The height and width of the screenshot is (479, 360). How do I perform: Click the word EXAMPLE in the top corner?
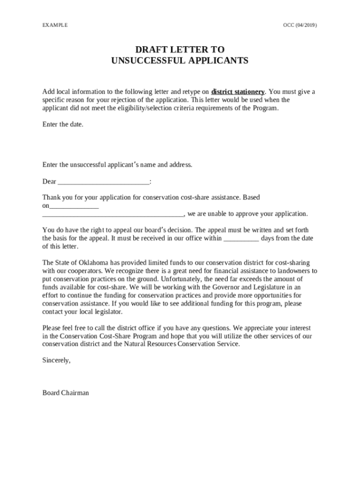pos(55,26)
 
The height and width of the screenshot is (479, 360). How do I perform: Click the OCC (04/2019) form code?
pos(300,26)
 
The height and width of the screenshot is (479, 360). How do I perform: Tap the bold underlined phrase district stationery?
pos(238,92)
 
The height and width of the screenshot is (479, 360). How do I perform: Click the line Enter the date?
pos(63,124)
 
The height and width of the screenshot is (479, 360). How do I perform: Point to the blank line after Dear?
pos(103,182)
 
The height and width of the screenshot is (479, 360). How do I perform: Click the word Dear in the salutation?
pos(49,182)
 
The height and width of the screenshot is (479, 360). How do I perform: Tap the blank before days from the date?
pos(241,238)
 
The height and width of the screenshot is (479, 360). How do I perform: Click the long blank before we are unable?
pos(113,214)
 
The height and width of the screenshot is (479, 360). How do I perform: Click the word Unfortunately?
pos(184,279)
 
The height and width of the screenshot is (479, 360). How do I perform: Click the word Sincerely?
pos(56,360)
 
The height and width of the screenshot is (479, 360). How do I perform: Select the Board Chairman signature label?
pos(65,393)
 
